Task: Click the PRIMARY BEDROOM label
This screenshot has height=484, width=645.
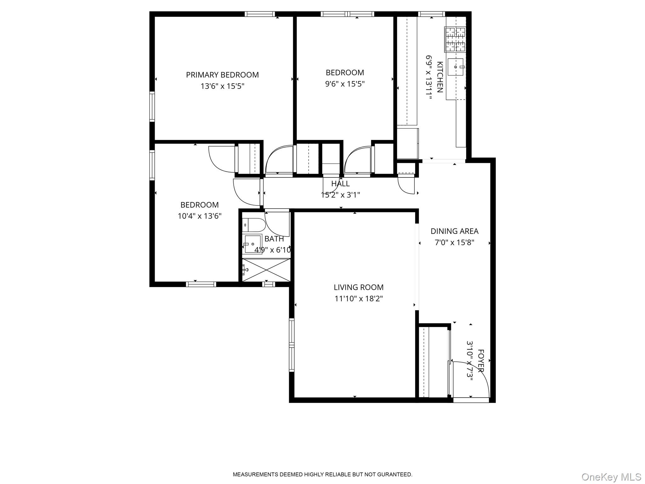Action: click(222, 75)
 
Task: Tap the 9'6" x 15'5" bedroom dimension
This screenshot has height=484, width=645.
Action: click(345, 84)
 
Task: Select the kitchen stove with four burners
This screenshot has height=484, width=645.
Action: click(455, 39)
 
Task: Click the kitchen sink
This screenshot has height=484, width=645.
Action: click(455, 67)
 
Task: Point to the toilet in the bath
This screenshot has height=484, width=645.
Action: click(254, 225)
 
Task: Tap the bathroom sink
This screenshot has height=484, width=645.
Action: click(252, 244)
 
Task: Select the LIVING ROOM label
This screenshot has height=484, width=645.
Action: click(358, 287)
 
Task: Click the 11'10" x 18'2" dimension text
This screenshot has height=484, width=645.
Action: click(358, 299)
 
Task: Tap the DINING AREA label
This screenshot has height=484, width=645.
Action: click(454, 231)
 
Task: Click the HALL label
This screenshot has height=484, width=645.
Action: click(340, 183)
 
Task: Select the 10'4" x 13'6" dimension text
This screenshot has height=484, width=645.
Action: click(199, 216)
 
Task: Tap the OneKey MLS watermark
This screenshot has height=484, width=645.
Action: click(611, 477)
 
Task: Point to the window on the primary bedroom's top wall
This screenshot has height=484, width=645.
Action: click(260, 14)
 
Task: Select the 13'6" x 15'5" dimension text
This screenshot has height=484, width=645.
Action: click(222, 86)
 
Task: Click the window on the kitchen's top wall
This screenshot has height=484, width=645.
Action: click(431, 14)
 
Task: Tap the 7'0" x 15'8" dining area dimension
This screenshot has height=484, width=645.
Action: click(454, 243)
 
